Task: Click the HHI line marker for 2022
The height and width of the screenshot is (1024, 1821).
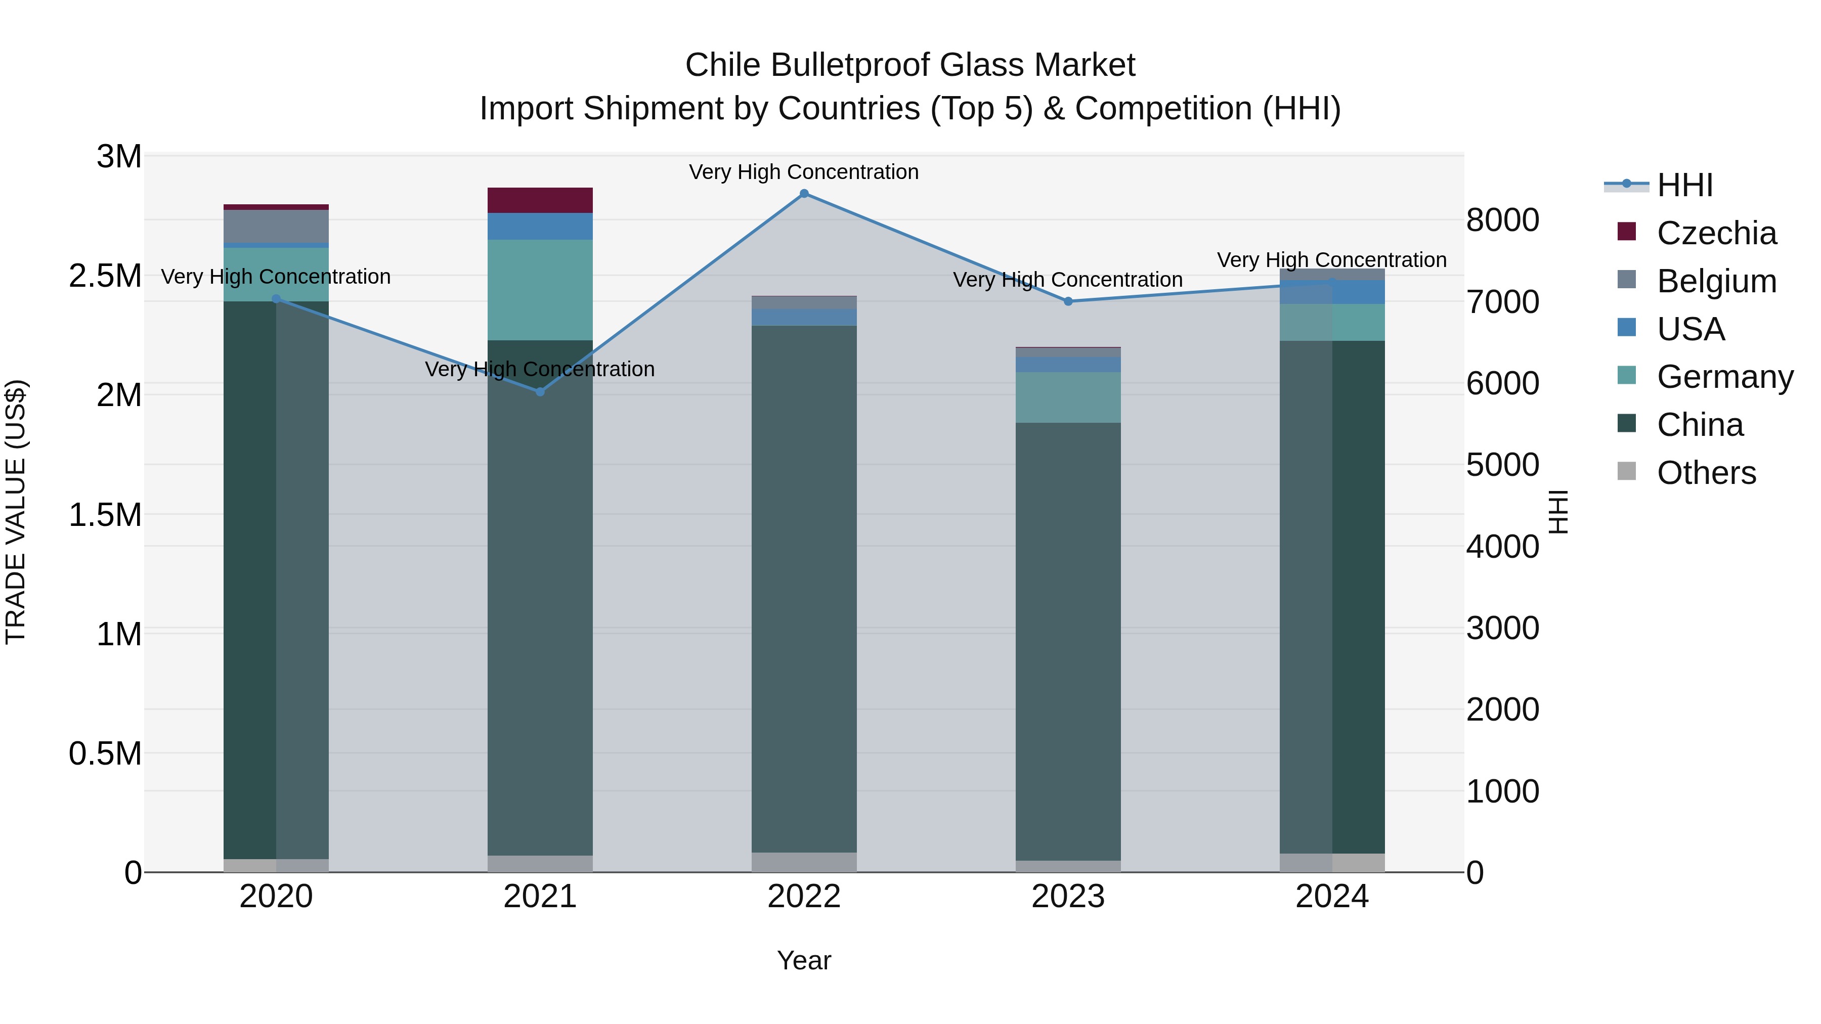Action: (804, 194)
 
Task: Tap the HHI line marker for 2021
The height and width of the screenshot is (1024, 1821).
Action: (540, 391)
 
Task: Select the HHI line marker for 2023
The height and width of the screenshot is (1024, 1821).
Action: (1068, 302)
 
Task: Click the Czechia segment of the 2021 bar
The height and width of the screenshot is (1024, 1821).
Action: (540, 200)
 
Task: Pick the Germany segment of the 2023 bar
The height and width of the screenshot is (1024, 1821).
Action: (1068, 397)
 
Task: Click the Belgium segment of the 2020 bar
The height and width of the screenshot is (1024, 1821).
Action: (276, 226)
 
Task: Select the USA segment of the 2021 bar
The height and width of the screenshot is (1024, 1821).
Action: (540, 226)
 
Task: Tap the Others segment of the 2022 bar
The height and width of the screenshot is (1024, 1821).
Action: (804, 862)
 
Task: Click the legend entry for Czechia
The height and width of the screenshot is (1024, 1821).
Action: (1716, 233)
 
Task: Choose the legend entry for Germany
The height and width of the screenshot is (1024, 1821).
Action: (1725, 377)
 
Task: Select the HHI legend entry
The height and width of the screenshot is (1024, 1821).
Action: (1684, 185)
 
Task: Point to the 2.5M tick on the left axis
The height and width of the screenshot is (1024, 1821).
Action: (105, 276)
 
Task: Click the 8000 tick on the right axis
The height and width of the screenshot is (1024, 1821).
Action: (1502, 220)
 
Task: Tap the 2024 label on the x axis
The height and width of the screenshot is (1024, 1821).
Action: (1332, 897)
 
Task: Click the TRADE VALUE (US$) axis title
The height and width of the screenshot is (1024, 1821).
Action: (16, 512)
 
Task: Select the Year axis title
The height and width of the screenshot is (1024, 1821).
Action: (804, 960)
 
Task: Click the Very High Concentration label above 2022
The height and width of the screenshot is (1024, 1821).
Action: (804, 172)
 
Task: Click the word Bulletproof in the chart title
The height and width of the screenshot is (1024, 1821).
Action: (847, 65)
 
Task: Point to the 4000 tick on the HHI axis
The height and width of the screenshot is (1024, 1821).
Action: (1502, 546)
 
